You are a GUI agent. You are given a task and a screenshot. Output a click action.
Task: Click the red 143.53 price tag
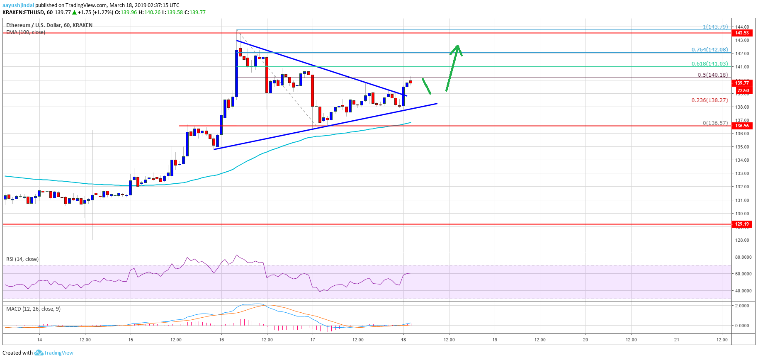742,33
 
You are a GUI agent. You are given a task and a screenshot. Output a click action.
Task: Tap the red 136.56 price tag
742,126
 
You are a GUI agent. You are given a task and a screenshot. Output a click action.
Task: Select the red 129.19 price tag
742,224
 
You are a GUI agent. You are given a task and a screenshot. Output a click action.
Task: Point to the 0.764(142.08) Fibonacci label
709,50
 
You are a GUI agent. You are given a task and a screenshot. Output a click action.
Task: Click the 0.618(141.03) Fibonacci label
709,64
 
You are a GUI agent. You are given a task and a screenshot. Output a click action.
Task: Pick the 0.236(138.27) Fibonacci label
709,100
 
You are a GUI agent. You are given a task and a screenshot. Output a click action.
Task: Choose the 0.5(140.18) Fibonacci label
712,75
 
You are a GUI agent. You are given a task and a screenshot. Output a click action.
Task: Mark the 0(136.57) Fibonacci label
715,123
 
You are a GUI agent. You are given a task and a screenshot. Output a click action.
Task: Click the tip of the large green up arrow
457,46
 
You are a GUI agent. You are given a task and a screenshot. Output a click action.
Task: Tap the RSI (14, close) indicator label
22,259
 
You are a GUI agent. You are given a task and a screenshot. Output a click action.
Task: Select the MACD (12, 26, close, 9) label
33,309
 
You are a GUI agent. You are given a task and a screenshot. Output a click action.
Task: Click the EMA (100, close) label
26,32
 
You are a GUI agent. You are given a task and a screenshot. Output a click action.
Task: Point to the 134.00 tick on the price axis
742,160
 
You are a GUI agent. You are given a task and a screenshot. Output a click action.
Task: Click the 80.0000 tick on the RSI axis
743,257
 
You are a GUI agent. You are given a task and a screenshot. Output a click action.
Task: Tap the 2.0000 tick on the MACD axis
742,306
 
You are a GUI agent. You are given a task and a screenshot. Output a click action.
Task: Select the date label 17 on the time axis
313,340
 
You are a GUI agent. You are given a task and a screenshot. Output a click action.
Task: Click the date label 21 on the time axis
677,340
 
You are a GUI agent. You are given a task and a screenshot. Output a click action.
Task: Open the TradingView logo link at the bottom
54,353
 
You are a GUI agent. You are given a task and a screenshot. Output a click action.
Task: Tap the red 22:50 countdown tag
743,90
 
